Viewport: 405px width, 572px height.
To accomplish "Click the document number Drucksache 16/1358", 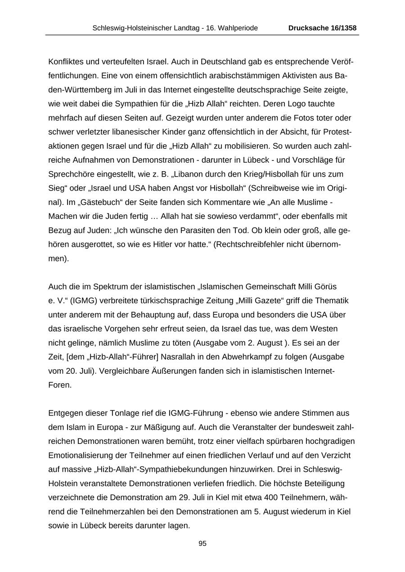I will click(322, 28).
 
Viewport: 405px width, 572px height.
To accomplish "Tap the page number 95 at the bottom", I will click(202, 543).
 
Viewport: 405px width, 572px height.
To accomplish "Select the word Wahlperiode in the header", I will click(238, 28).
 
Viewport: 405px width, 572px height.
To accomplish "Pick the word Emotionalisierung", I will click(86, 455).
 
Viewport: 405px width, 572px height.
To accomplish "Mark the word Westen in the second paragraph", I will click(323, 328).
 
